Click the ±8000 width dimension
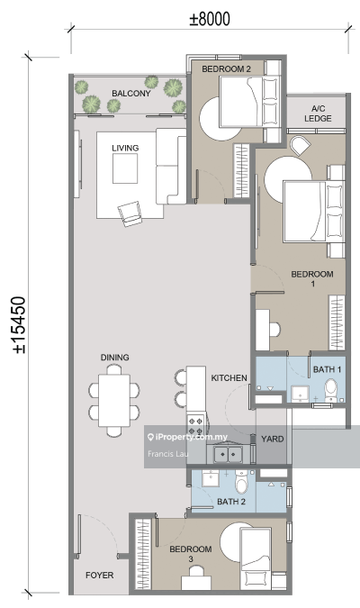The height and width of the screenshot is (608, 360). pyautogui.click(x=210, y=19)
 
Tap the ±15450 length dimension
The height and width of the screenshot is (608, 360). pyautogui.click(x=19, y=325)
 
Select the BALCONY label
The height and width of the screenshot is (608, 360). pyautogui.click(x=131, y=94)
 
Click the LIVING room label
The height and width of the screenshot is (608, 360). pyautogui.click(x=125, y=148)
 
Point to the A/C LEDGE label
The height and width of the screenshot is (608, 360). pyautogui.click(x=318, y=113)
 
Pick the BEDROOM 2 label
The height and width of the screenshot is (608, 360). pyautogui.click(x=226, y=69)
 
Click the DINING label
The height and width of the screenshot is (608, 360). pyautogui.click(x=114, y=358)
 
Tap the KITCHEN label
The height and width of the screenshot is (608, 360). pyautogui.click(x=229, y=377)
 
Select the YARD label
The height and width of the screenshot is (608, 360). pyautogui.click(x=273, y=439)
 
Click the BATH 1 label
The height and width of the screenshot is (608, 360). pyautogui.click(x=327, y=369)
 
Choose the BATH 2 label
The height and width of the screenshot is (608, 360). pyautogui.click(x=231, y=502)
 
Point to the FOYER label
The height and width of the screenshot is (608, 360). pyautogui.click(x=100, y=576)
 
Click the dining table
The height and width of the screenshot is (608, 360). pyautogui.click(x=114, y=400)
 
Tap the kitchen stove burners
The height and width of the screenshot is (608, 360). pyautogui.click(x=195, y=425)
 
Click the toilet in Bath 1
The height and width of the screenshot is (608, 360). pyautogui.click(x=331, y=390)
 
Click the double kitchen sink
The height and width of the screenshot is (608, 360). pyautogui.click(x=229, y=454)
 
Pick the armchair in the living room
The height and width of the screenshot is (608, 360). pyautogui.click(x=130, y=213)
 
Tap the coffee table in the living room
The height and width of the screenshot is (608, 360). pyautogui.click(x=125, y=168)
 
